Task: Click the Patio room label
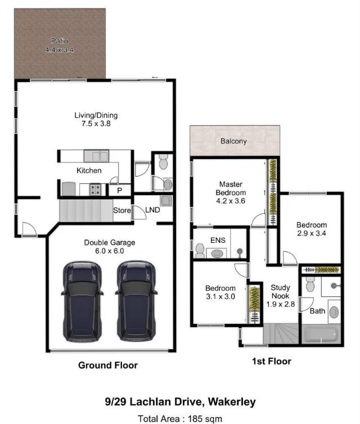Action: coord(60,41)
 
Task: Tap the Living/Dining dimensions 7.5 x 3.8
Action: coord(96,124)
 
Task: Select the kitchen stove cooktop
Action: coord(96,190)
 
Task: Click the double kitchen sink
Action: coord(96,156)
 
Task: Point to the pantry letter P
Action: coord(120,191)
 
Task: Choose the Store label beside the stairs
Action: coord(122,210)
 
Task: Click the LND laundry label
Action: coord(152,210)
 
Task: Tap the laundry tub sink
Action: coord(166,200)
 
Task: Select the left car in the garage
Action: coord(82,301)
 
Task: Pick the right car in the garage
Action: coord(136,301)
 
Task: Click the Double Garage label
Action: coord(110,242)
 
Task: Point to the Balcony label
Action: coord(233,141)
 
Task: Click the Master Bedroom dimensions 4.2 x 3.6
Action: coord(231,201)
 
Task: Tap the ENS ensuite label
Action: coord(218,240)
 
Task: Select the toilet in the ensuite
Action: coord(200,251)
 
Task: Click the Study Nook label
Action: coord(280,292)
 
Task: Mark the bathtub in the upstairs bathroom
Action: coord(321,335)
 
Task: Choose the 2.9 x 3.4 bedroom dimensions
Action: coord(312,233)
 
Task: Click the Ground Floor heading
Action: coord(108,366)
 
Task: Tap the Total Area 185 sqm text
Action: coord(180,418)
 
